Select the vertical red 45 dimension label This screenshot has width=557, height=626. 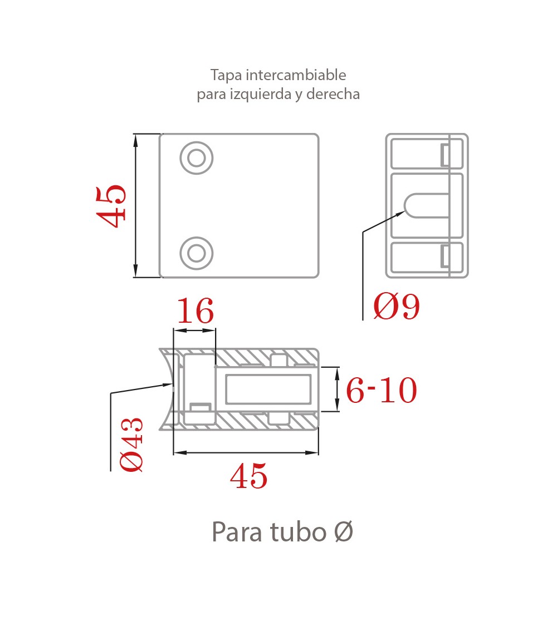click(x=111, y=206)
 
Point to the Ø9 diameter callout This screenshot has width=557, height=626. click(x=397, y=306)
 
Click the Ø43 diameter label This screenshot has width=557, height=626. click(x=131, y=445)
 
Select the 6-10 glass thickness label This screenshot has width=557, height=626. click(x=382, y=390)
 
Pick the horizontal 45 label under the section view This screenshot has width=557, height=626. click(x=248, y=476)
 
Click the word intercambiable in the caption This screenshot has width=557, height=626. click(x=296, y=75)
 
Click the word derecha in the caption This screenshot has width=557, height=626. click(x=333, y=94)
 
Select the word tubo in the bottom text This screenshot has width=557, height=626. click(x=298, y=532)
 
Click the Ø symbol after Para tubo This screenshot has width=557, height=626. click(x=344, y=532)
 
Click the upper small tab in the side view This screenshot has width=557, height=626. click(x=444, y=155)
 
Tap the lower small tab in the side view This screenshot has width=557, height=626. click(x=444, y=256)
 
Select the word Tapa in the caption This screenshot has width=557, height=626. click(x=226, y=76)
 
